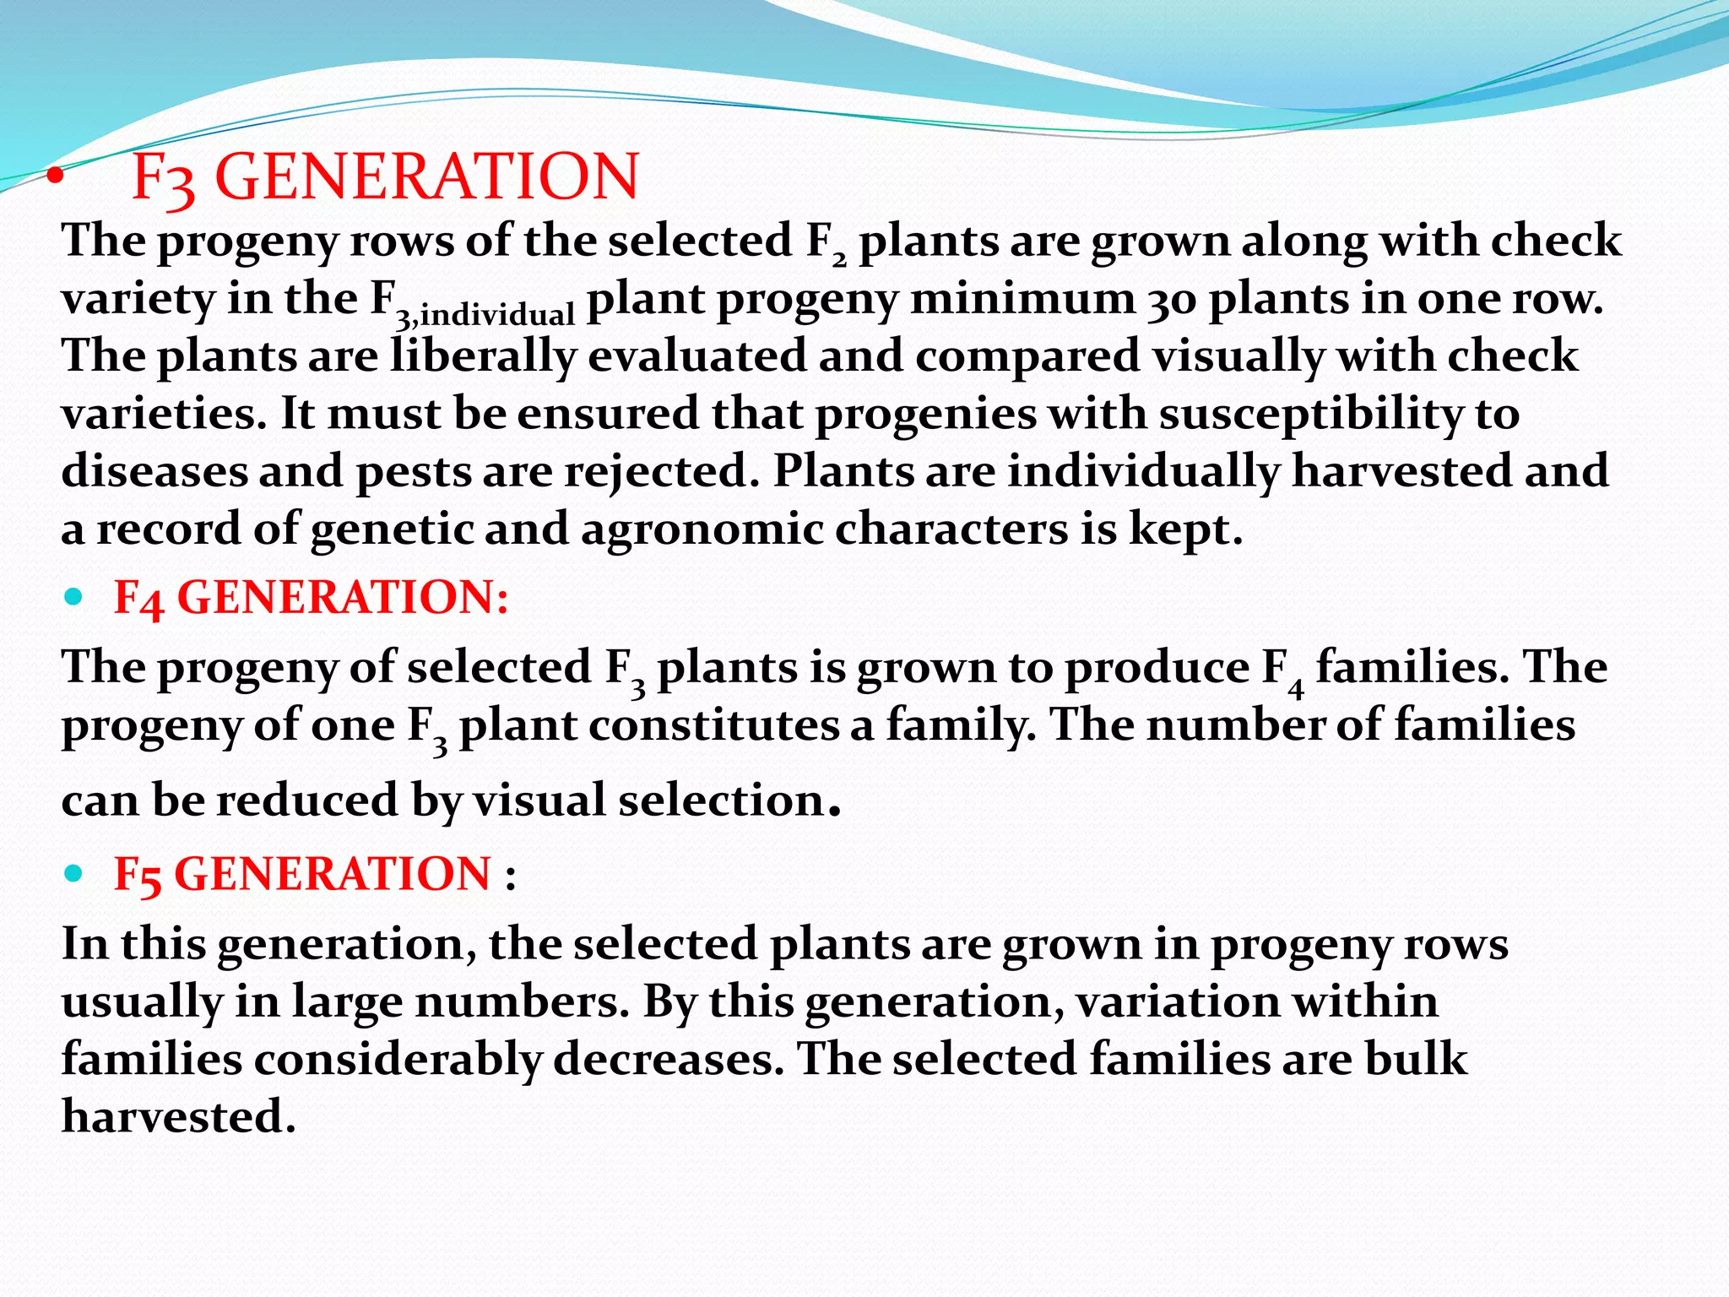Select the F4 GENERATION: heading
tap(311, 598)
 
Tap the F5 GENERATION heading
tap(302, 874)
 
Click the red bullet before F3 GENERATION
tap(55, 177)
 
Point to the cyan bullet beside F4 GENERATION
tap(74, 598)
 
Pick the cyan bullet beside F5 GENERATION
tap(74, 874)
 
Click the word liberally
tap(482, 355)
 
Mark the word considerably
tap(398, 1060)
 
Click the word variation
tap(1178, 1002)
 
